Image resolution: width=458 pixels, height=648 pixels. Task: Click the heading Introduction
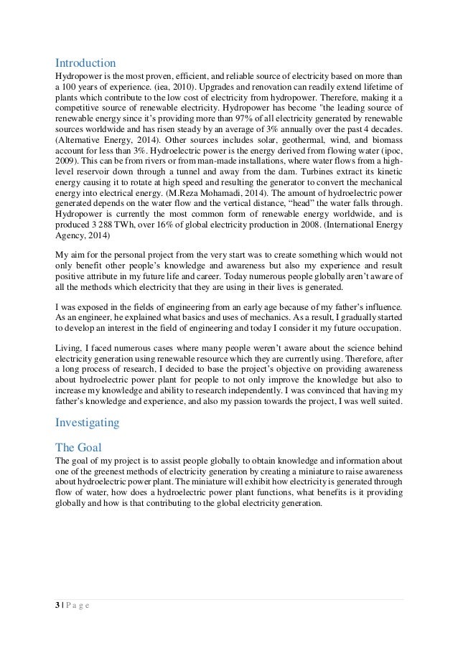[85, 62]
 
